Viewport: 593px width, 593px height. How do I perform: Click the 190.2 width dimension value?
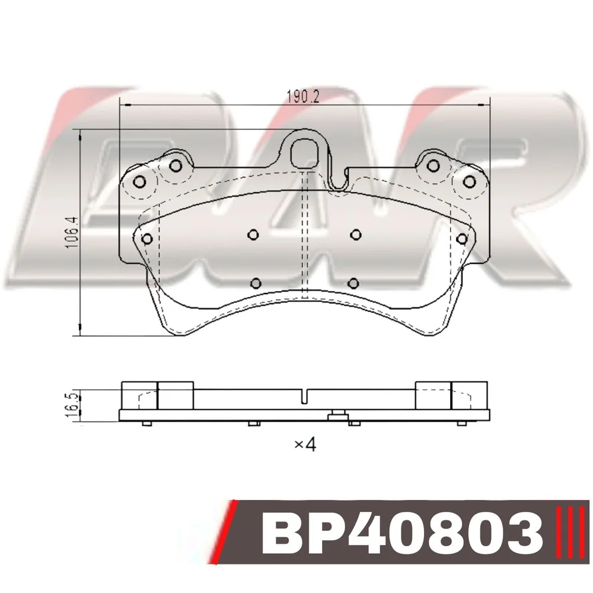(x=303, y=97)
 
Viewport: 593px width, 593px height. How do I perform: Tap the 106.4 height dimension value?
(x=72, y=232)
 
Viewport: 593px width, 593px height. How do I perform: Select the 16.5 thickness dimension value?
(x=74, y=405)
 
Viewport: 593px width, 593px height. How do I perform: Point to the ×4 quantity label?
(x=305, y=445)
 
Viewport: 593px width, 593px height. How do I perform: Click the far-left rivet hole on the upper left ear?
(x=139, y=182)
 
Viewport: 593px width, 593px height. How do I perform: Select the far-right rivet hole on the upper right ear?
(x=469, y=182)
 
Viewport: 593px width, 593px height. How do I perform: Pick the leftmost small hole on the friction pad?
(x=147, y=239)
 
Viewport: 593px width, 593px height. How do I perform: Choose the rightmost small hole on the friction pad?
(x=462, y=239)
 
